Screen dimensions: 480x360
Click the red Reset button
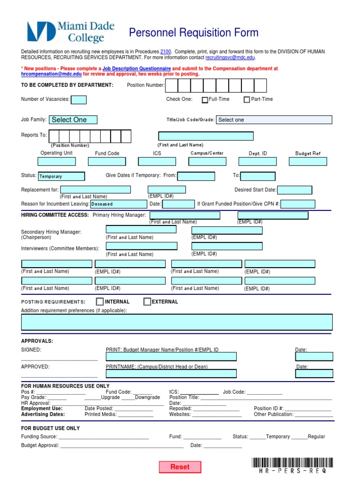click(180, 467)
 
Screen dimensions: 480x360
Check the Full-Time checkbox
click(205, 100)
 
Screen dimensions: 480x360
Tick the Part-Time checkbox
click(247, 100)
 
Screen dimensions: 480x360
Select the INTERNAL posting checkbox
click(100, 301)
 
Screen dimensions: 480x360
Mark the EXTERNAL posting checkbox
click(147, 301)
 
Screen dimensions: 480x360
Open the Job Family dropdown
click(74, 120)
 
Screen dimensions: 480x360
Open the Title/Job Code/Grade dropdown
click(274, 120)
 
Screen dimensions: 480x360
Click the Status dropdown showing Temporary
click(61, 176)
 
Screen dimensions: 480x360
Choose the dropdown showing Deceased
click(118, 204)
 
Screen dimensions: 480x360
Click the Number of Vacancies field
click(78, 99)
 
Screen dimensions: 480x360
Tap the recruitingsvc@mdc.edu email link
click(230, 57)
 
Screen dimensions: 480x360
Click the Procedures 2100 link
click(165, 51)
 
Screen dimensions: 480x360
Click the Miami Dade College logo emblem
click(40, 32)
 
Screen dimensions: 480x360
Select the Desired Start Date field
click(295, 190)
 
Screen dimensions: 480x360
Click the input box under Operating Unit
click(57, 161)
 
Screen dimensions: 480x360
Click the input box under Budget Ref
click(307, 161)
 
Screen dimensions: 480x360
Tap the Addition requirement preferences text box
click(177, 322)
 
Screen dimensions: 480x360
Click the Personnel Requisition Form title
click(194, 33)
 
